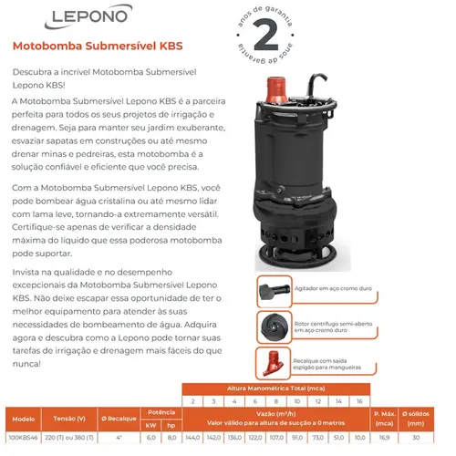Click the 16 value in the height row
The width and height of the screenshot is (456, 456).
(x=358, y=399)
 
